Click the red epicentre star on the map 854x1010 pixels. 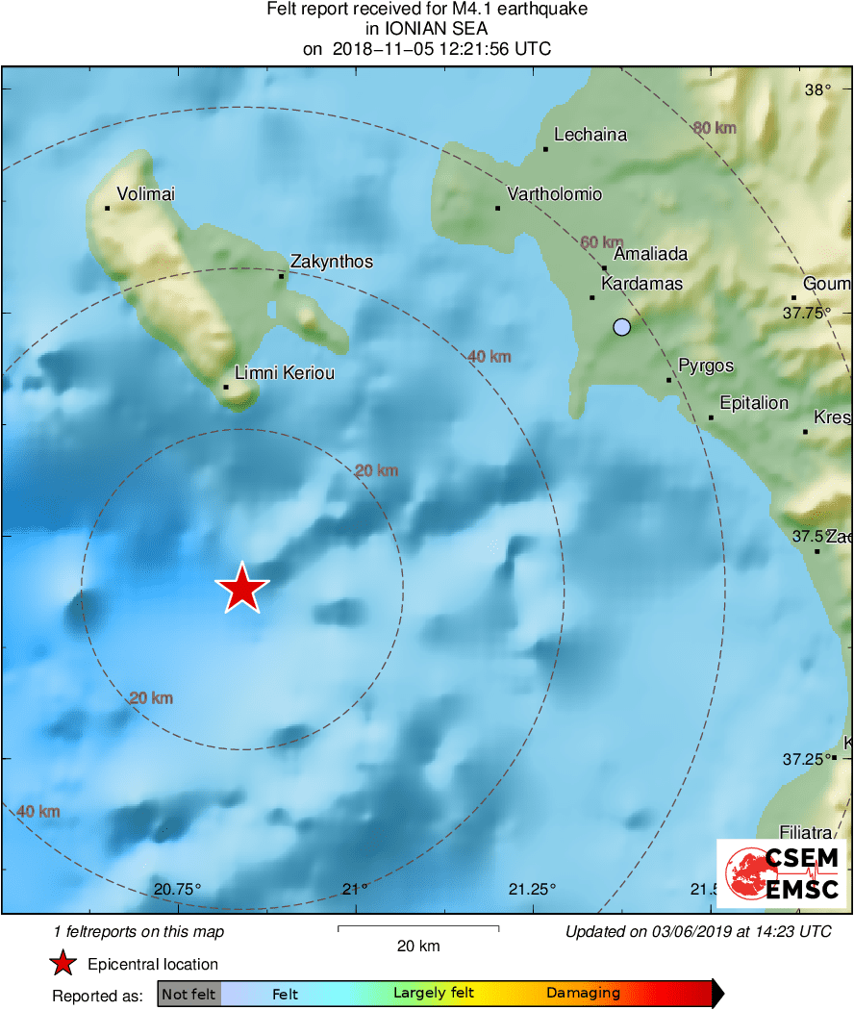click(242, 588)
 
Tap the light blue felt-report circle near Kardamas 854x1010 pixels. click(622, 327)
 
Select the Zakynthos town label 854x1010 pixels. click(332, 262)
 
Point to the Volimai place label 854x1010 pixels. click(145, 194)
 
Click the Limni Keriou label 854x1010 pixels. click(285, 372)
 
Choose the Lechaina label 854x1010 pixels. click(590, 135)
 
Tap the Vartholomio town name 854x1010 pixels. click(555, 194)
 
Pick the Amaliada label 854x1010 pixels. click(650, 254)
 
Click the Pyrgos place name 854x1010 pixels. click(706, 366)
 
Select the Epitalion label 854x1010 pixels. click(754, 403)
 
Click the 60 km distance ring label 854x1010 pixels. click(602, 242)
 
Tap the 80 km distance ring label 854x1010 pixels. click(714, 128)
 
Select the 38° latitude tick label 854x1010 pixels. click(817, 90)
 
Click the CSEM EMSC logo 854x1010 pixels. click(781, 873)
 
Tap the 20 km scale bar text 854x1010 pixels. click(418, 947)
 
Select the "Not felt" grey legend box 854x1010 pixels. click(189, 994)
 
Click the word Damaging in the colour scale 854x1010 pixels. click(584, 994)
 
